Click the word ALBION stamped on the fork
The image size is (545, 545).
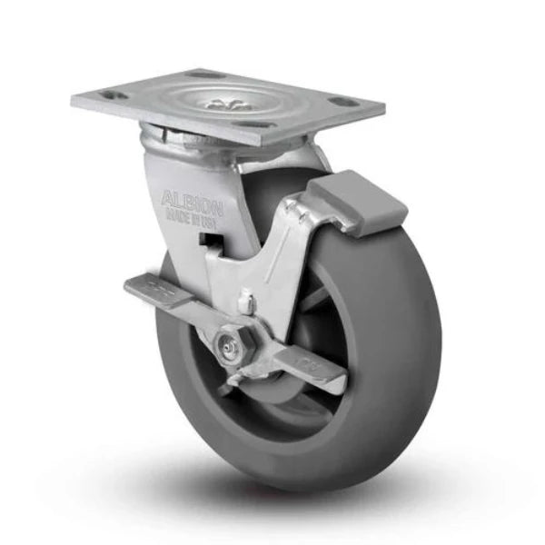(192, 198)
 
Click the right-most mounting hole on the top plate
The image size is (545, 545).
(343, 102)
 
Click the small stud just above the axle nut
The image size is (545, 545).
(244, 299)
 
